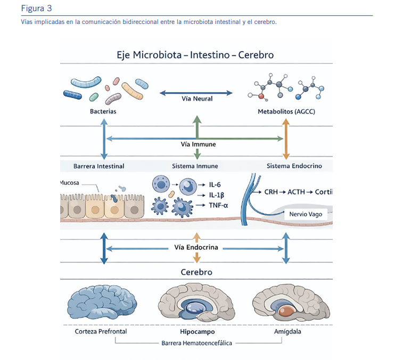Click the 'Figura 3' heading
point(36,9)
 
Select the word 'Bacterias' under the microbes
point(103,111)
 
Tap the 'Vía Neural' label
point(197,99)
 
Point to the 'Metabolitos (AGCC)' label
point(286,111)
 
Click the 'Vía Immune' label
point(198,144)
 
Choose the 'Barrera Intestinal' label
point(99,166)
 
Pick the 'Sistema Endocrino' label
point(294,166)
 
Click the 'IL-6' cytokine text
point(215,185)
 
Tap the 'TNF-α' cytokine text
point(218,206)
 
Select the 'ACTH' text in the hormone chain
point(296,192)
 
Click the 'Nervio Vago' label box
point(306,214)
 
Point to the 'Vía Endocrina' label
point(196,247)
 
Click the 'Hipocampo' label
point(198,332)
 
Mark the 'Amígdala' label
point(287,331)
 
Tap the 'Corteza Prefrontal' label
point(101,331)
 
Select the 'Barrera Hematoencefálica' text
point(196,343)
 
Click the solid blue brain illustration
point(102,302)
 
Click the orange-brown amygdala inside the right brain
point(287,310)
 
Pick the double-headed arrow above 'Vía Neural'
point(196,93)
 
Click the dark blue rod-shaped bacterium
point(72,95)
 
